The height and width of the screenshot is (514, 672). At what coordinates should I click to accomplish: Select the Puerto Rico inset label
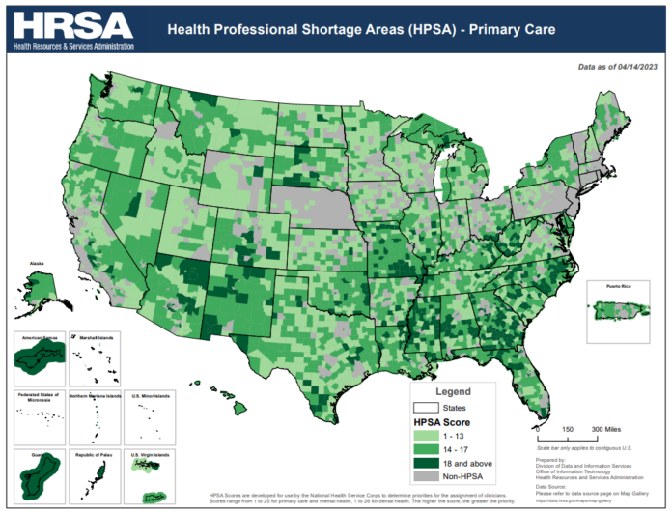612,287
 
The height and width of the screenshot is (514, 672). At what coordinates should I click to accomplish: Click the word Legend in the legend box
453,392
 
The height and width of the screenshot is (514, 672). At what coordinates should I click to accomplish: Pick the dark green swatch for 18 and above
429,464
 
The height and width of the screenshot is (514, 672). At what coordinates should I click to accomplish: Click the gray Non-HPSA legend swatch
429,477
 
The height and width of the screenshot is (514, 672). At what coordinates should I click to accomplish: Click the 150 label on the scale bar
569,429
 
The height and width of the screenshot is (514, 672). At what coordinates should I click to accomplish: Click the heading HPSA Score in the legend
442,422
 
